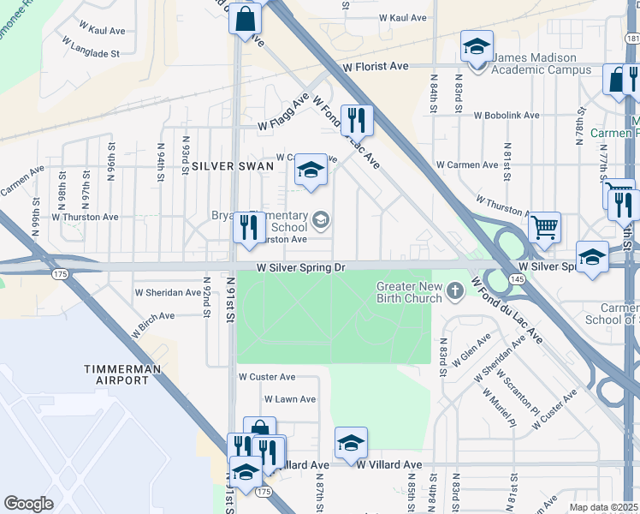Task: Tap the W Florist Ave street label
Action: (377, 66)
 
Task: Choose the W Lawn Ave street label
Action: (290, 399)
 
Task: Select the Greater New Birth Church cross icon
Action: (454, 291)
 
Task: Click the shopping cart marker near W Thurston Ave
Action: (544, 228)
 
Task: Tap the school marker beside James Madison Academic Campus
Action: (477, 46)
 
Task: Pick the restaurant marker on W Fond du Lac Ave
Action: (355, 120)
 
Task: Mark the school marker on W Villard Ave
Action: (351, 443)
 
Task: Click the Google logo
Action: (28, 504)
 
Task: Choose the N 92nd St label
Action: (206, 296)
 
